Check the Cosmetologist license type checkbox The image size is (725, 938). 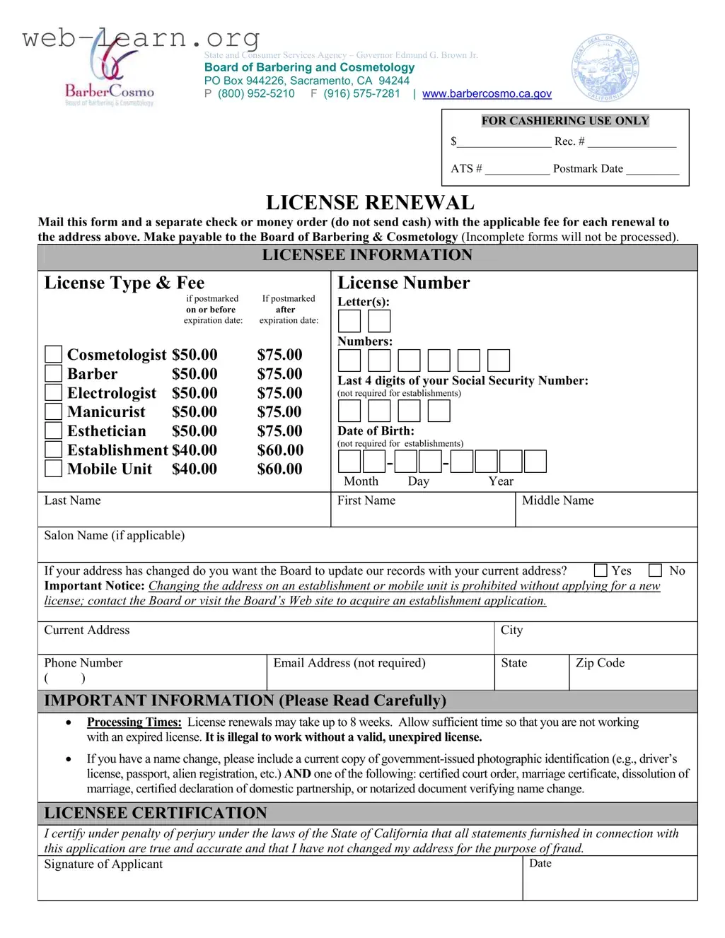point(53,354)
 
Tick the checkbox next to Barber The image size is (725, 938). point(53,373)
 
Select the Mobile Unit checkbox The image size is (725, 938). point(53,469)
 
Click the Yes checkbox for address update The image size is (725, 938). point(601,570)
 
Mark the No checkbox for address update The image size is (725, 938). point(656,570)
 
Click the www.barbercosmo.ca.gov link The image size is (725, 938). point(487,93)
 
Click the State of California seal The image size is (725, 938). point(605,68)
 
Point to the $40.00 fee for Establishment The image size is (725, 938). point(195,450)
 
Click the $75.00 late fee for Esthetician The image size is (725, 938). point(279,431)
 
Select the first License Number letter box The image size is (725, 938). point(349,321)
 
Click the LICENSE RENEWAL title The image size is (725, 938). point(370,203)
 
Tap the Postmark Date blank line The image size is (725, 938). point(652,170)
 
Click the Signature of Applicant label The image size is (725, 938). point(103,864)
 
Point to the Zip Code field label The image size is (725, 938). point(600,663)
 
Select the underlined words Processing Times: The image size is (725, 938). point(134,722)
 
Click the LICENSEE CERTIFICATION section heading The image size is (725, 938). point(156,813)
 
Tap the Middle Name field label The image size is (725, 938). point(557,500)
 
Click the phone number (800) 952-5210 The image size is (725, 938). point(256,93)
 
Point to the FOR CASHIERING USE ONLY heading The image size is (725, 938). point(565,121)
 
